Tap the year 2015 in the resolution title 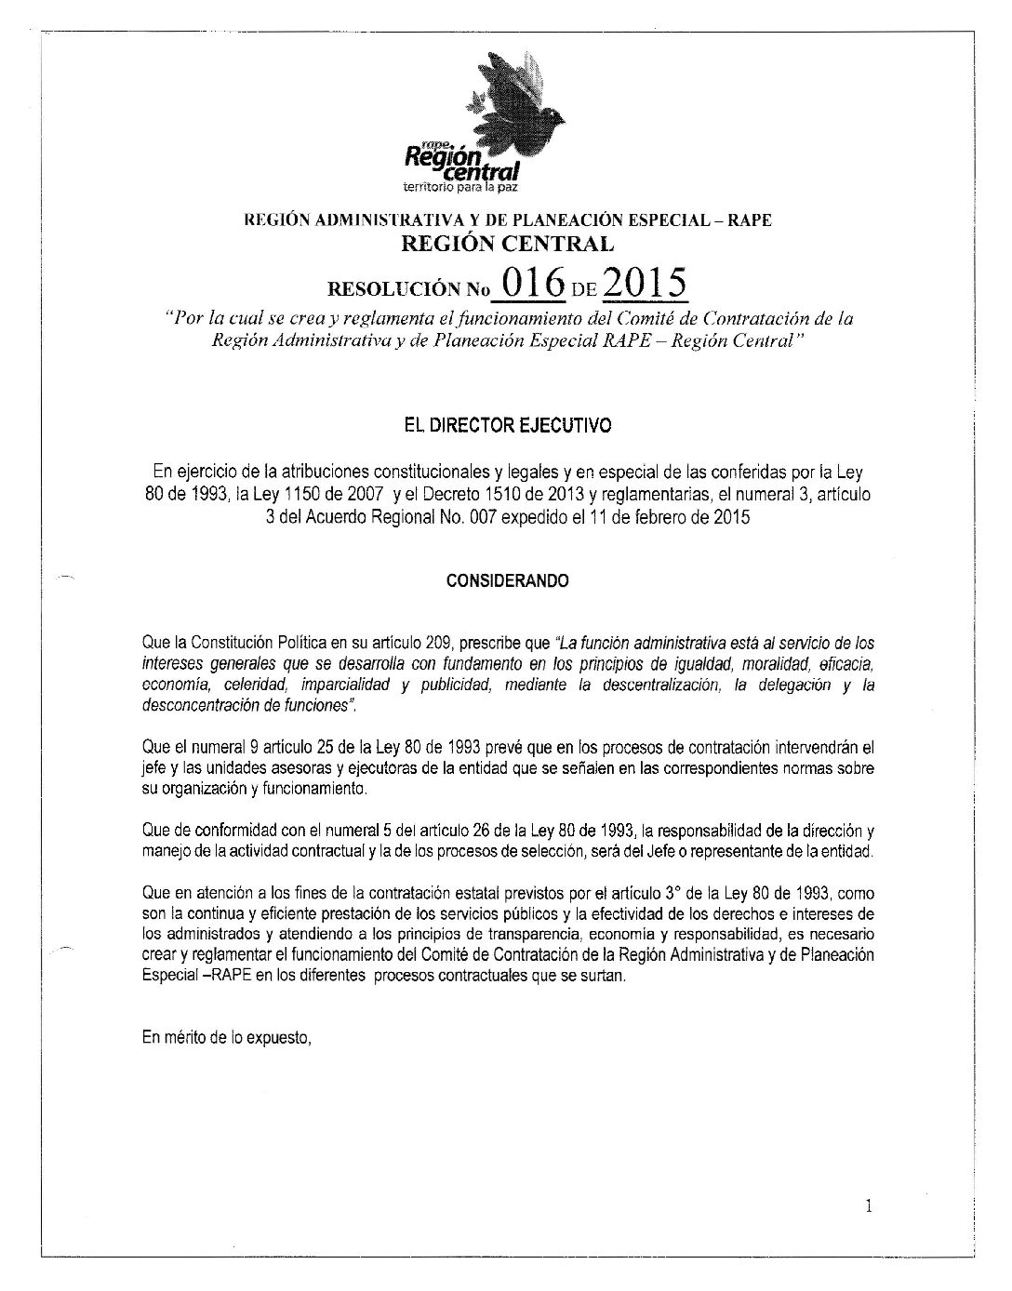pos(645,283)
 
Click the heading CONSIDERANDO pos(507,581)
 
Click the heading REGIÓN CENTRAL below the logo pos(507,245)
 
